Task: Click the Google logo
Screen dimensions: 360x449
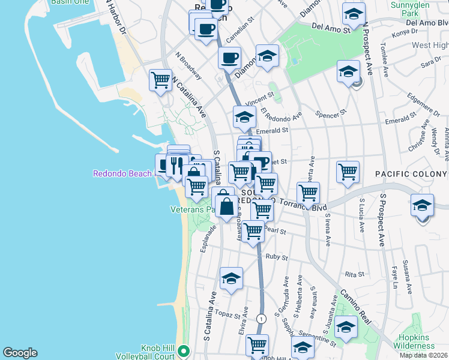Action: pyautogui.click(x=20, y=353)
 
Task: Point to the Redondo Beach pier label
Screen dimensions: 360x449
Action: pyautogui.click(x=123, y=174)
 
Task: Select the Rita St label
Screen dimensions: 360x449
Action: pyautogui.click(x=355, y=274)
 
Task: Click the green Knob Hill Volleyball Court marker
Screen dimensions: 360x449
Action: pyautogui.click(x=184, y=351)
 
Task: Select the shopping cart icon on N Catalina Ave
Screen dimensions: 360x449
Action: pyautogui.click(x=160, y=80)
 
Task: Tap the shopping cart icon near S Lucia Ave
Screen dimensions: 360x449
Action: pyautogui.click(x=348, y=172)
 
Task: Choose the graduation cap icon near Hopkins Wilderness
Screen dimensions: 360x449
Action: pyautogui.click(x=346, y=328)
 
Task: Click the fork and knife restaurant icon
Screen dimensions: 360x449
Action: pyautogui.click(x=176, y=164)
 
